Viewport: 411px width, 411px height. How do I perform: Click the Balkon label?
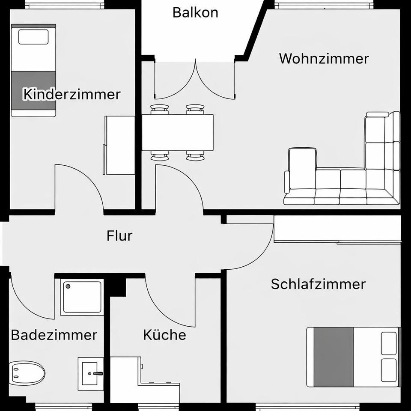(195, 12)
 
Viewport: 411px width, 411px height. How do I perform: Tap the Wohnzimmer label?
(324, 58)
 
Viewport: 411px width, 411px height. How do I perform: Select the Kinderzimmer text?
(71, 94)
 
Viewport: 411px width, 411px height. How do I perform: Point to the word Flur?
(119, 235)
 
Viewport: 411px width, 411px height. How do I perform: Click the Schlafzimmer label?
(318, 284)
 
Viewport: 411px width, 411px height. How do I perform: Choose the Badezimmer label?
(54, 335)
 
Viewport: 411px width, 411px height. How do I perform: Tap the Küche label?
(164, 335)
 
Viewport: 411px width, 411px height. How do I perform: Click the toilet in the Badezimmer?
(27, 373)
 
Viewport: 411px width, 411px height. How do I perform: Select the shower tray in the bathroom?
(82, 297)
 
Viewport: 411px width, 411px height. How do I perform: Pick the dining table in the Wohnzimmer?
(178, 132)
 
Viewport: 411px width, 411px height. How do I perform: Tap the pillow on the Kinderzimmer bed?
(33, 37)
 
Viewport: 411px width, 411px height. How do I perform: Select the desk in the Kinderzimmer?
(120, 145)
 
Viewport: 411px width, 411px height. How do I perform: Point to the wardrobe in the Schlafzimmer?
(337, 229)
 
